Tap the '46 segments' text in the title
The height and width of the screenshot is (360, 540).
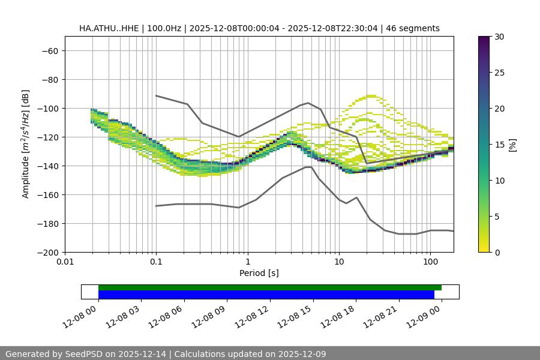click(413, 28)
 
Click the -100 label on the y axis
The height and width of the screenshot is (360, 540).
click(47, 108)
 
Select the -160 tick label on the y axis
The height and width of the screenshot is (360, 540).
click(47, 194)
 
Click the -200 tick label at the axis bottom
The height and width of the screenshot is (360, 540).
click(47, 252)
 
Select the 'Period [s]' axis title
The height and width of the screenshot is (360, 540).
click(259, 274)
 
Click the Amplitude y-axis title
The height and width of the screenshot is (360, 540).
click(26, 144)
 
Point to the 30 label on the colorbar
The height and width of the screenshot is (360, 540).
click(499, 37)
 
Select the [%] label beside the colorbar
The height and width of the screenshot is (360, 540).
click(512, 145)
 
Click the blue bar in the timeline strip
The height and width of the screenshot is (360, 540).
click(266, 295)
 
